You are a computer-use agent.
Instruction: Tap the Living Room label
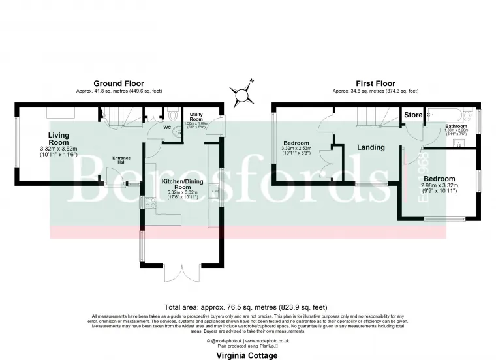pos(58,139)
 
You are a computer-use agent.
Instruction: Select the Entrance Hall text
pos(121,160)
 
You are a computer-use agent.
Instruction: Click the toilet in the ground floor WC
pos(171,112)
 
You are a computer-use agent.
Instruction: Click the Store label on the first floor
pos(413,115)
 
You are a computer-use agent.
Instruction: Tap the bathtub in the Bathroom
pos(450,115)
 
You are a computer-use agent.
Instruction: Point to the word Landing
pos(371,147)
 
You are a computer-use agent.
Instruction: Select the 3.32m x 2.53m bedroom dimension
pos(296,149)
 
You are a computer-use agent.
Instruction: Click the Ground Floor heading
pos(119,83)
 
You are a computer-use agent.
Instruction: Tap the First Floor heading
pos(375,83)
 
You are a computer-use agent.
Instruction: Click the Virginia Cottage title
pos(247,355)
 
